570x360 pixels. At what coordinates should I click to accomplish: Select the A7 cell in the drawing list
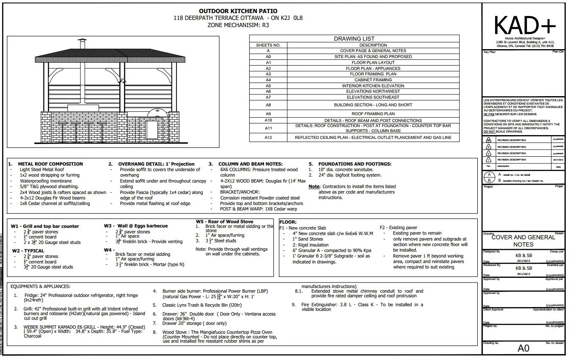[268, 97]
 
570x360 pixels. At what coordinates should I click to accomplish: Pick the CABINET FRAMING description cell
[373, 80]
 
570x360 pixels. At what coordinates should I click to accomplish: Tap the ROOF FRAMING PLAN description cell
[373, 114]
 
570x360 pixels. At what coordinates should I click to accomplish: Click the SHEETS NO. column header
[268, 45]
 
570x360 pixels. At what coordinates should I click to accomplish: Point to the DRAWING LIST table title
[354, 39]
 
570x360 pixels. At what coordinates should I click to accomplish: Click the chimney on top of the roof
[83, 44]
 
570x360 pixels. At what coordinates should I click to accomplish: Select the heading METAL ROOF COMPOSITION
[50, 164]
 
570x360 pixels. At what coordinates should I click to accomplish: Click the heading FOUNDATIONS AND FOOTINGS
[355, 164]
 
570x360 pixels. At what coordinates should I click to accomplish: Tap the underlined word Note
[314, 186]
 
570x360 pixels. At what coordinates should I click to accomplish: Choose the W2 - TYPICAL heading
[28, 250]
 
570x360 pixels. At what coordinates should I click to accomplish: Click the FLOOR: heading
[288, 222]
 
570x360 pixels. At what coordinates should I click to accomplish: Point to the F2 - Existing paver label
[399, 227]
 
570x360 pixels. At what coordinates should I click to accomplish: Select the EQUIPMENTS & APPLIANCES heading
[40, 287]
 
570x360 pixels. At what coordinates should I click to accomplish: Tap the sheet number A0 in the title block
[523, 349]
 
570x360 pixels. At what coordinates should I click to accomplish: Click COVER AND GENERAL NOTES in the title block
[523, 241]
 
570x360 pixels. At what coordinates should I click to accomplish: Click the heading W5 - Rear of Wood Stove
[224, 222]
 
